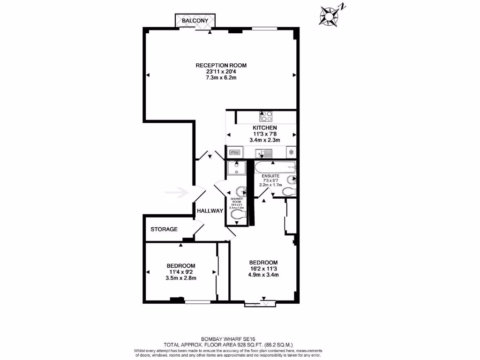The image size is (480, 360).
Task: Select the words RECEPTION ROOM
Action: [x=221, y=65]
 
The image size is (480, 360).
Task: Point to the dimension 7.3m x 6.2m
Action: [x=221, y=78]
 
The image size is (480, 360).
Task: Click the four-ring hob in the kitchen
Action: [x=266, y=116]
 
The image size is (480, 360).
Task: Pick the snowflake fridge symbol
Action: [x=291, y=152]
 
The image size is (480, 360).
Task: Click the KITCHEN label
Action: [x=265, y=127]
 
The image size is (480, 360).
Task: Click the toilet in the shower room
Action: [x=238, y=215]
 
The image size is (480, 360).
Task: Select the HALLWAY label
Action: [x=210, y=211]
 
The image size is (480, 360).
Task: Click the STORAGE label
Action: [x=164, y=229]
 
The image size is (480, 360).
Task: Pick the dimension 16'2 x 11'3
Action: [x=263, y=269]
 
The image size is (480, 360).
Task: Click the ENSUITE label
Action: [x=270, y=176]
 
